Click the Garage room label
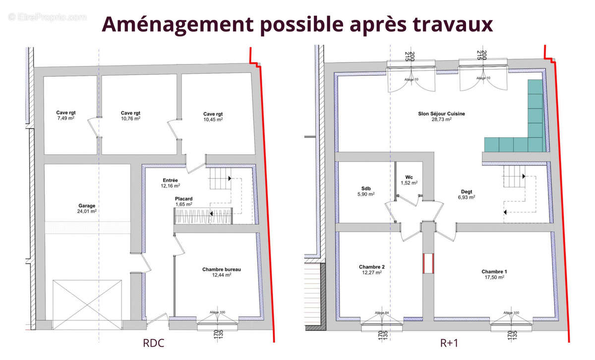coord(86,208)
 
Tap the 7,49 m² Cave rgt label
coord(65,116)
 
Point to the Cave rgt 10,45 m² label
coord(213,117)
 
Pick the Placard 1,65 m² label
coord(183,201)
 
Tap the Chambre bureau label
coord(222,272)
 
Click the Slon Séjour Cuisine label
coord(441,117)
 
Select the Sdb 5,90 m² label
coord(366,191)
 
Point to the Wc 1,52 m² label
coord(409,180)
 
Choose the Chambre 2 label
coord(371,269)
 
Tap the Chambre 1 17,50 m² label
coord(494,275)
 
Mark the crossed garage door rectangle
coord(87,304)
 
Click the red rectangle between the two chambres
coord(428,263)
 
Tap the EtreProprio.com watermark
coord(48,17)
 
